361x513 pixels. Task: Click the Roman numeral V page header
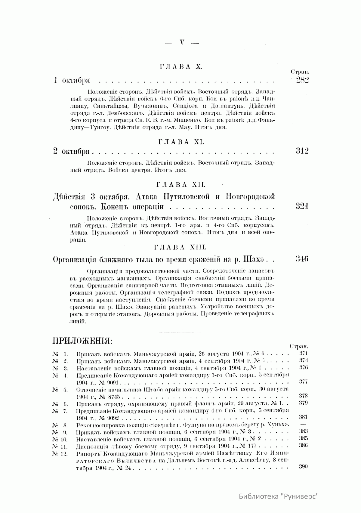point(182,43)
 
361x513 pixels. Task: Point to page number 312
point(302,151)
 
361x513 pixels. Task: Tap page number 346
point(302,259)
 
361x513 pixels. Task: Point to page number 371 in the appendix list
point(303,354)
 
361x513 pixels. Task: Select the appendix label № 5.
point(60,390)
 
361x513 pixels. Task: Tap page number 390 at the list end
point(303,467)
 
